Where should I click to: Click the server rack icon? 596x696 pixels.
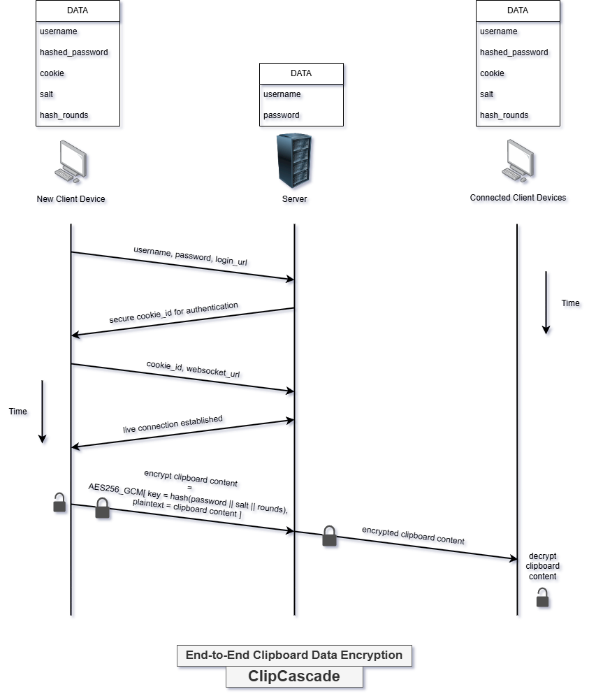tap(294, 160)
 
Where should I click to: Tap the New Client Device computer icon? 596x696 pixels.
tap(71, 161)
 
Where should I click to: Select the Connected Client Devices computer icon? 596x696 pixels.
tap(518, 161)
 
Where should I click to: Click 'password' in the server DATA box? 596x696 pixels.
tap(282, 115)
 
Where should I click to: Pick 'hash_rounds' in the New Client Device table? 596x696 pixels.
tap(64, 115)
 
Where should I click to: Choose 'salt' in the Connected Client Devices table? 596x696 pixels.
tap(486, 94)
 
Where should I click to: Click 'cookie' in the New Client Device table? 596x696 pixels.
tap(52, 73)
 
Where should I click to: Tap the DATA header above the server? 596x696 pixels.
tap(301, 73)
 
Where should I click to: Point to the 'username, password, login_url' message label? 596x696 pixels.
tap(190, 256)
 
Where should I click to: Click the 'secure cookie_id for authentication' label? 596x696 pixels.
tap(173, 312)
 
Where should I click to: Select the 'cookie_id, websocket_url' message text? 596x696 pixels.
tap(193, 369)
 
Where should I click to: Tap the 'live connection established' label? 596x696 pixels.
tap(173, 424)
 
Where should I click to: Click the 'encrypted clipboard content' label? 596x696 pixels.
tap(413, 535)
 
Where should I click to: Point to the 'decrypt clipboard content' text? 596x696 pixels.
tap(542, 566)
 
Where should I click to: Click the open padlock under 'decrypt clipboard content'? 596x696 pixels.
tap(542, 597)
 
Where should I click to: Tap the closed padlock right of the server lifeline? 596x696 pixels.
tap(329, 536)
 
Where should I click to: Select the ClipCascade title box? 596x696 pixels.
tap(294, 676)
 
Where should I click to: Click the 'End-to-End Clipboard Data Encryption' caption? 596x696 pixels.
tap(294, 655)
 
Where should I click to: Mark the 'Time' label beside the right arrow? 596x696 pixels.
tap(570, 303)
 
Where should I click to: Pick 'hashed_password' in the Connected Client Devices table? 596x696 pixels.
tap(514, 52)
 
